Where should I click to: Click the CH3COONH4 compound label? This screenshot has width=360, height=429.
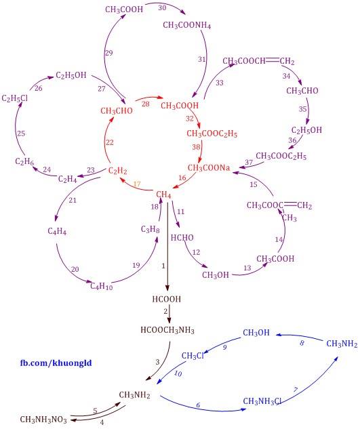[x=186, y=25]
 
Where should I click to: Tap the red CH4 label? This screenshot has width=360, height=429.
[x=163, y=195]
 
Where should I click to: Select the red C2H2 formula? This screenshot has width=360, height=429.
[x=118, y=171]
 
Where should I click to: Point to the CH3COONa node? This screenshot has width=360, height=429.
[x=209, y=167]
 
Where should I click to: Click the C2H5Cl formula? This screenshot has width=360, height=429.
[x=15, y=98]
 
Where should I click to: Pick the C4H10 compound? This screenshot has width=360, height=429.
[x=102, y=287]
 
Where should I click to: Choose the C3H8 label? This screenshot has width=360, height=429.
[x=151, y=229]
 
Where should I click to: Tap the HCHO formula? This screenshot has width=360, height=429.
[x=182, y=237]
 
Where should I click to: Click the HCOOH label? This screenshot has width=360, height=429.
[x=167, y=299]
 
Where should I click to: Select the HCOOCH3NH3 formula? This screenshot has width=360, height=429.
[x=167, y=330]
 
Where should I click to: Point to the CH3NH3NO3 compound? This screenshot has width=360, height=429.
[x=43, y=420]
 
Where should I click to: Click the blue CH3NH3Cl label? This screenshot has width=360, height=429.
[x=262, y=401]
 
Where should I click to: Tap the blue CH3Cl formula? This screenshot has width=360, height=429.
[x=193, y=356]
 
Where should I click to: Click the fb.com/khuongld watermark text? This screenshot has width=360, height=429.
[x=56, y=363]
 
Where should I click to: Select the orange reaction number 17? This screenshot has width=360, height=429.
[x=136, y=184]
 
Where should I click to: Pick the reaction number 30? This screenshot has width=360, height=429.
[x=162, y=8]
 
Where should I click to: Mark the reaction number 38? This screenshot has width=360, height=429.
[x=196, y=147]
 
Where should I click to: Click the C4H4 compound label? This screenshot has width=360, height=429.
[x=57, y=232]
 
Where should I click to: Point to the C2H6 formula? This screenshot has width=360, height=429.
[x=24, y=161]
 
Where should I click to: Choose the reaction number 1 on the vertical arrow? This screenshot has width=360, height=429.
[x=163, y=266]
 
